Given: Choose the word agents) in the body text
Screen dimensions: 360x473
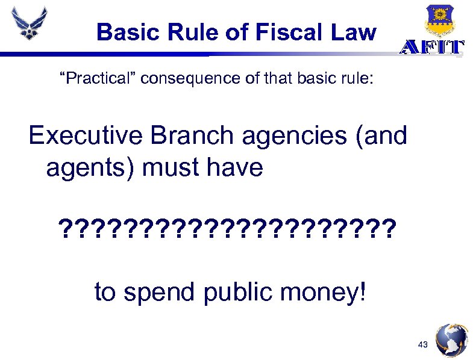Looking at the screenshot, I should tap(90, 168).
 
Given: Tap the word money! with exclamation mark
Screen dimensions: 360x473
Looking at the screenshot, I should tap(325, 293).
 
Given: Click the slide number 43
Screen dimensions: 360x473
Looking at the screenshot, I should tap(422, 344).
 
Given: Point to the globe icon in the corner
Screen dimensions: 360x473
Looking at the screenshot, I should tap(451, 340).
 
